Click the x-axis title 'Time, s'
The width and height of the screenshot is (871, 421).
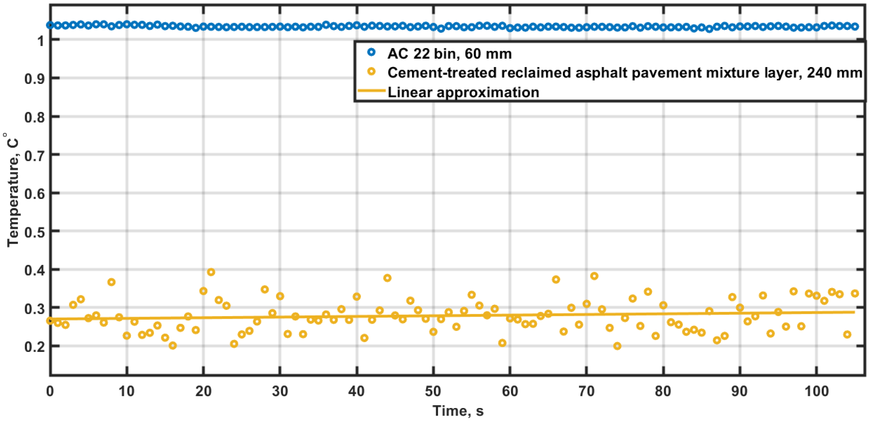(458, 411)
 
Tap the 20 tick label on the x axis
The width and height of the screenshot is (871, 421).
(203, 391)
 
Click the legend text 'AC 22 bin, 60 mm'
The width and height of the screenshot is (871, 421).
(449, 54)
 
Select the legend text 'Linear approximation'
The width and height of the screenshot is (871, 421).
(463, 92)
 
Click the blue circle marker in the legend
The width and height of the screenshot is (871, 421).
(372, 52)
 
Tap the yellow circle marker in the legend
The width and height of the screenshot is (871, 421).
(372, 71)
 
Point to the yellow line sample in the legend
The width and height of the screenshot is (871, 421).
(372, 91)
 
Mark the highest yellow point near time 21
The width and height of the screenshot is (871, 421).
(211, 272)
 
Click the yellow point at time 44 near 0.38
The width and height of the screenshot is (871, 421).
(388, 278)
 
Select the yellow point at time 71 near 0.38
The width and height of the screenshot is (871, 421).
(594, 276)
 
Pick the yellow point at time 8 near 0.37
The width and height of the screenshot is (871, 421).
(111, 282)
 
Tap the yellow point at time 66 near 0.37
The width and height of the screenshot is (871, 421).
(556, 279)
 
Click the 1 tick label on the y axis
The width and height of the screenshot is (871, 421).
(41, 41)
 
